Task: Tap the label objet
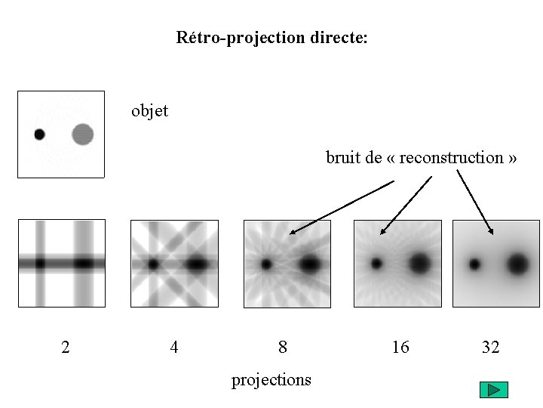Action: point(149,111)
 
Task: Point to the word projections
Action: point(271,379)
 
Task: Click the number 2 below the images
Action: point(66,348)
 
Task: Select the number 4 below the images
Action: point(174,348)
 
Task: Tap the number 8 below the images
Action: point(283,348)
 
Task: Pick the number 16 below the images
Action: point(400,348)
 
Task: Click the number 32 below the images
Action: point(490,348)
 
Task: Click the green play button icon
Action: point(494,390)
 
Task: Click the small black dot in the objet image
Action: point(39,134)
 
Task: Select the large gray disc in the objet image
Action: point(83,134)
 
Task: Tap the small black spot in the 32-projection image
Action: point(474,264)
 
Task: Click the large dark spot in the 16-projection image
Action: point(420,264)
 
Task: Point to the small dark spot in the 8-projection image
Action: point(266,264)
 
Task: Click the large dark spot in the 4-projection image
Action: point(198,264)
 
